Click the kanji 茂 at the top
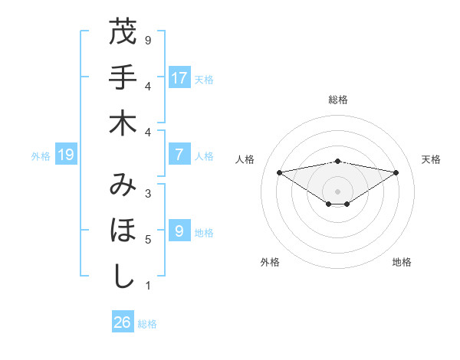pos(122,33)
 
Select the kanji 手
pos(122,77)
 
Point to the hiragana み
pos(122,185)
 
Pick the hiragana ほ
pos(122,230)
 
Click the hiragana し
pos(122,275)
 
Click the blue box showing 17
pos(179,78)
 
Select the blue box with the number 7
pos(179,155)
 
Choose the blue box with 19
pos(66,155)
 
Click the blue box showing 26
pos(123,322)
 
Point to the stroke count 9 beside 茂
pos(148,40)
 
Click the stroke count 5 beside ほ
pos(148,240)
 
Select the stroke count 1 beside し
pos(148,286)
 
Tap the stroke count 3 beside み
pos(148,194)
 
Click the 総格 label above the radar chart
pos(337,100)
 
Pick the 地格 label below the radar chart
pos(402,263)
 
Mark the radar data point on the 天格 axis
pos(396,172)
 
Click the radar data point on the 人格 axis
pos(279,172)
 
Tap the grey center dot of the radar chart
pos(337,191)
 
